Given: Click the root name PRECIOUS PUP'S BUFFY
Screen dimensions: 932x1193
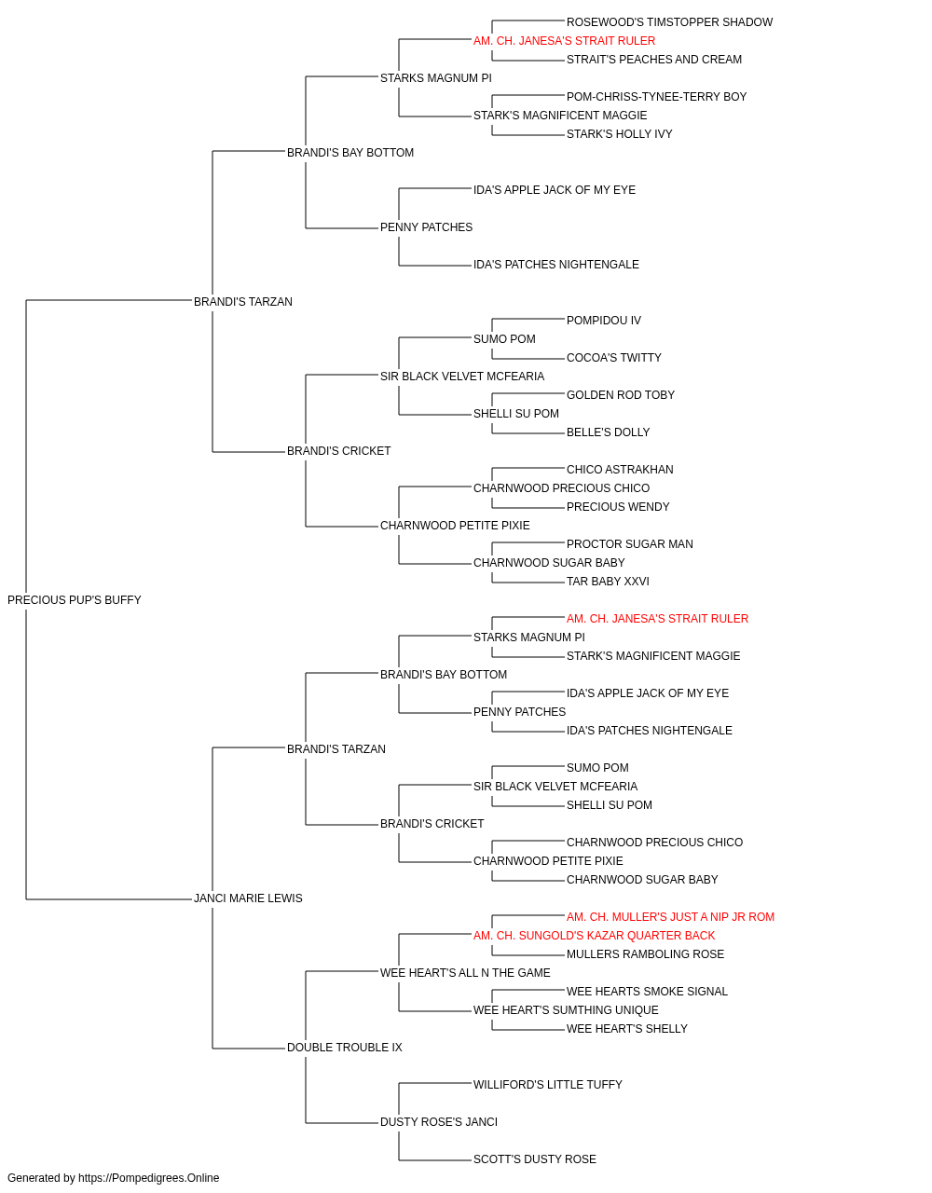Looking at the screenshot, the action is [75, 600].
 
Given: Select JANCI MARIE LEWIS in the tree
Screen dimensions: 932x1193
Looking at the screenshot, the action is [248, 898].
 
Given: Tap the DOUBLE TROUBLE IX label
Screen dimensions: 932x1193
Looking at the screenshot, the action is [345, 1048].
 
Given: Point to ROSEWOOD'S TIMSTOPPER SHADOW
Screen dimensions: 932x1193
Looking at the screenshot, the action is [669, 22].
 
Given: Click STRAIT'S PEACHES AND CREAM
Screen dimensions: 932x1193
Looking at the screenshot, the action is [654, 60].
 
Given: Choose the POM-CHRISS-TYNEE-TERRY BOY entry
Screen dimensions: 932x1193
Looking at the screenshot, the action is [656, 97].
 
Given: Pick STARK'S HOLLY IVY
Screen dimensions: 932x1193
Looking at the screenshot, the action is [619, 134].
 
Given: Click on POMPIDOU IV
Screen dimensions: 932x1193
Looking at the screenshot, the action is [604, 321].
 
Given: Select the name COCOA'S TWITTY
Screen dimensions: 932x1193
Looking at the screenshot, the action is [613, 358].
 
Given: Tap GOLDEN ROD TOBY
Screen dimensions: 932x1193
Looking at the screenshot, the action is [620, 395].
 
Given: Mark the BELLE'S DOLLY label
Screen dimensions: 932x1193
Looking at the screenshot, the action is [609, 432].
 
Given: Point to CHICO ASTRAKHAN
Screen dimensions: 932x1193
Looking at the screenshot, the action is [620, 470].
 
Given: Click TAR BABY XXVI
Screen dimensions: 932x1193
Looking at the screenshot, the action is [608, 582].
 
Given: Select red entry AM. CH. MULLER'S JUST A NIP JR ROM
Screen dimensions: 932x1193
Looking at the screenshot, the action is [670, 917].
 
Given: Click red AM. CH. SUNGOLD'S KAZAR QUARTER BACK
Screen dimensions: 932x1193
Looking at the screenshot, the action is [594, 936].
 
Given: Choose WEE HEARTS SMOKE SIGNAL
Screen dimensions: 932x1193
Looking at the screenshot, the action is [647, 992].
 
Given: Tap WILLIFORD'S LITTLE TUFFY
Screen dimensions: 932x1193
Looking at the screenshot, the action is [548, 1085].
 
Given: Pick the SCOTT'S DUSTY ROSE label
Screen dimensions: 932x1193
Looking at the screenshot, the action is [535, 1159].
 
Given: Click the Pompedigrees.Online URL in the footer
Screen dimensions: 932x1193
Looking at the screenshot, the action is [149, 1178].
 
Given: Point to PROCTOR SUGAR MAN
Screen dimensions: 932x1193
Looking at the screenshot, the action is [630, 544].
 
